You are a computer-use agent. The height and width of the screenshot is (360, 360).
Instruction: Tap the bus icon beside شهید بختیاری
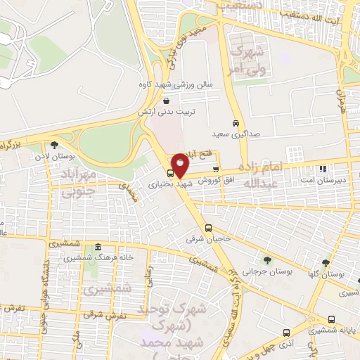tap(170, 172)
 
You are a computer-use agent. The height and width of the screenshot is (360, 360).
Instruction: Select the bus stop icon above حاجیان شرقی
tap(208, 228)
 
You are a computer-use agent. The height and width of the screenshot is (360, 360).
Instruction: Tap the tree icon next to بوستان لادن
tap(54, 145)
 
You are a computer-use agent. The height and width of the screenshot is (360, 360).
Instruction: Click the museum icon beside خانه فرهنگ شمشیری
tap(97, 247)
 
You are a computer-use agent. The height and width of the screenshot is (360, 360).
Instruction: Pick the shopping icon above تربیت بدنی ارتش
tap(165, 101)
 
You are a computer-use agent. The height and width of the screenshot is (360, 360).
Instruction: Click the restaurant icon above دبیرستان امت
tap(323, 169)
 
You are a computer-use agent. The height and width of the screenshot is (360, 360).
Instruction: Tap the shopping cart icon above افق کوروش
tap(215, 169)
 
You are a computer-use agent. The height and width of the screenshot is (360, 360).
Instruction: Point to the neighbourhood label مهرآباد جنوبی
tap(77, 182)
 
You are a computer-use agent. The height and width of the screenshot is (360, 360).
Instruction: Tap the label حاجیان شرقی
tap(207, 239)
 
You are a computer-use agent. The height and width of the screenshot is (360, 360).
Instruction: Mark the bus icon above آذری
tap(285, 333)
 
